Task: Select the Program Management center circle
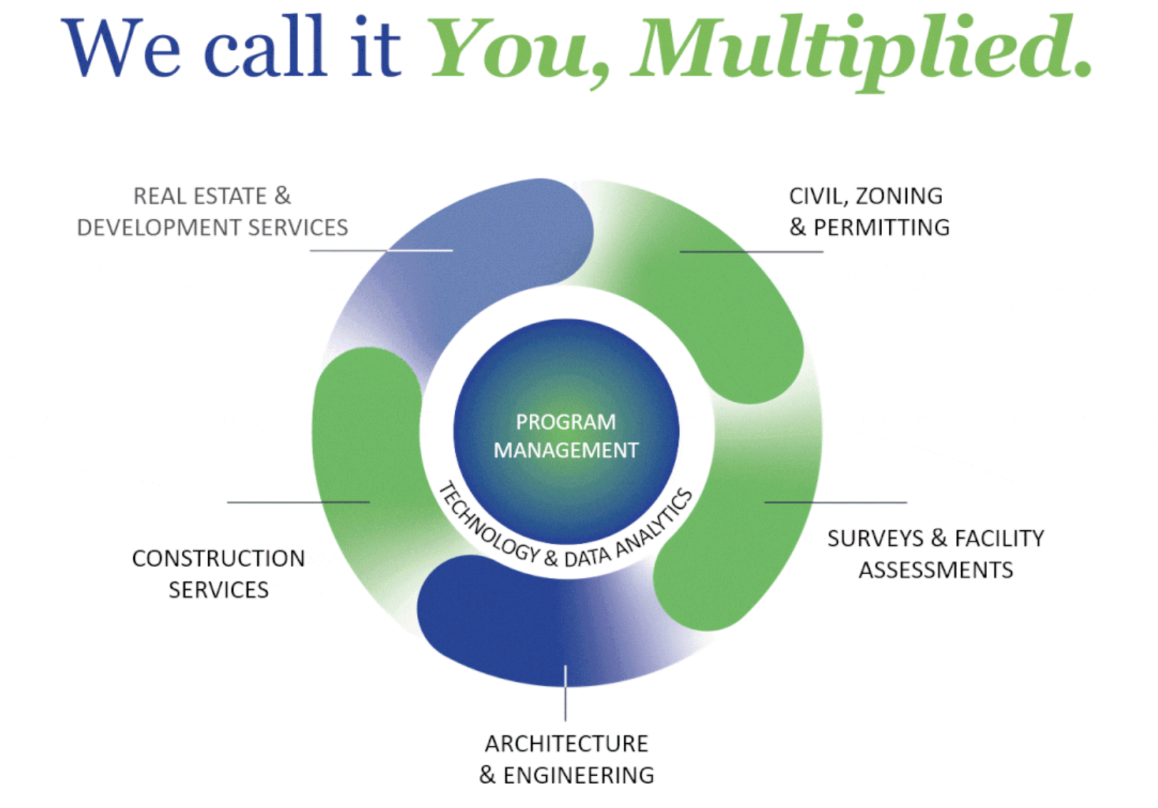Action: [x=566, y=431]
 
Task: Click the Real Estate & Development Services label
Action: [x=212, y=212]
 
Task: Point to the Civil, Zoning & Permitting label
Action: [x=869, y=212]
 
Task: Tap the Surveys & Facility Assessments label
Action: [x=936, y=554]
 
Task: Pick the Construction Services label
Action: [x=218, y=574]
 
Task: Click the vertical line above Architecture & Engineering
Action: [x=565, y=693]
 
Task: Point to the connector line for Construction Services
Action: [x=298, y=502]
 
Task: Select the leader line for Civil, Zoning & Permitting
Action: [x=751, y=252]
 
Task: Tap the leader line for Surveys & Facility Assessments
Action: [x=836, y=502]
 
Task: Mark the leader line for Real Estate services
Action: [x=381, y=251]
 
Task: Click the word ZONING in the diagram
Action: [x=899, y=197]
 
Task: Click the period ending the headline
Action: [x=1082, y=68]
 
